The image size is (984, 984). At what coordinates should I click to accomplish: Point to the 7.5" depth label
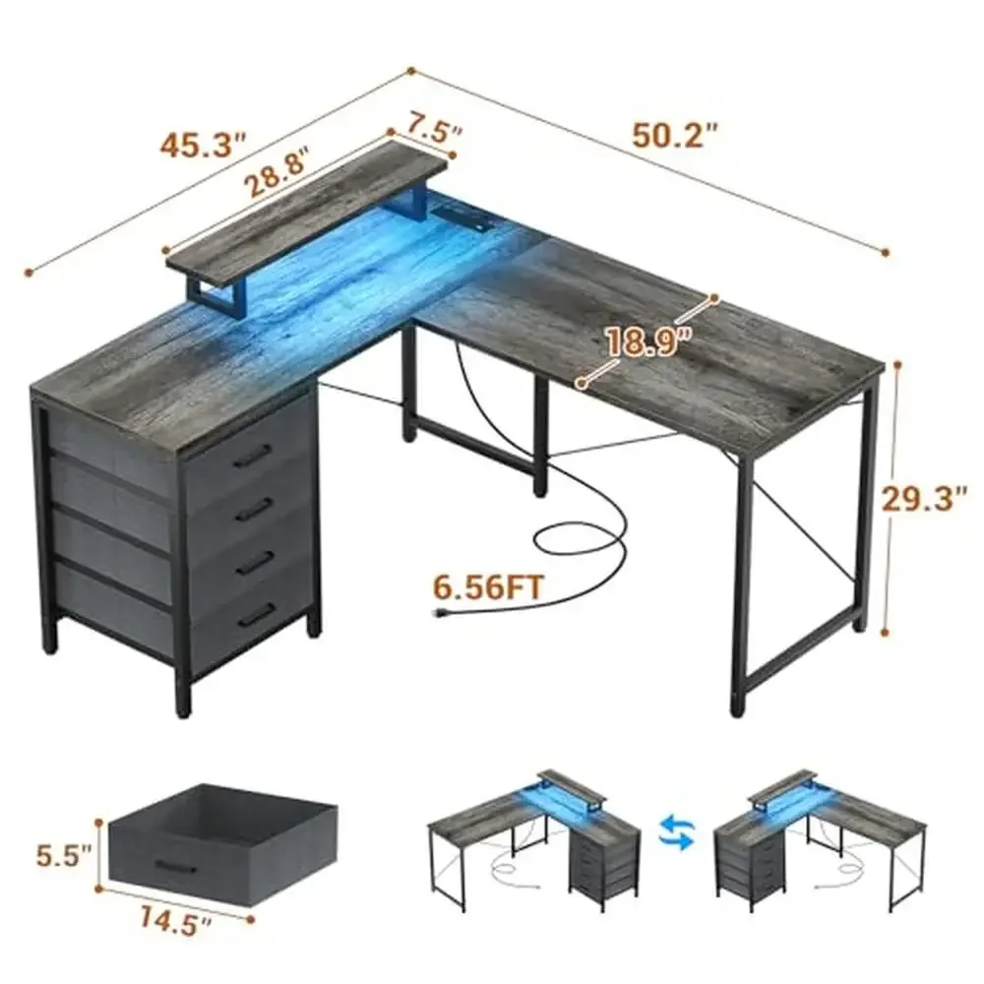(426, 129)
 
